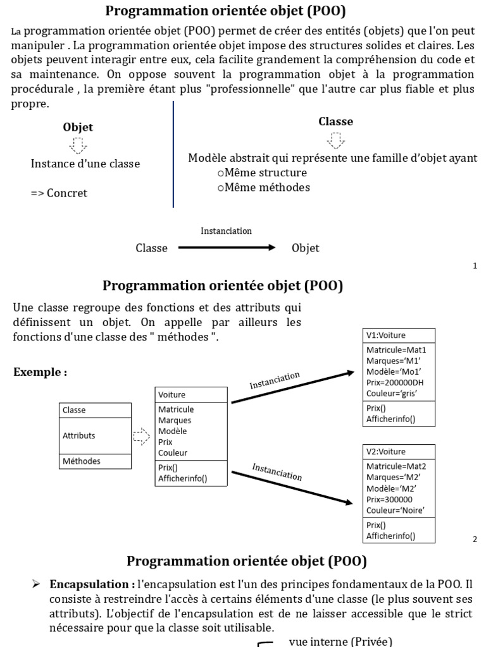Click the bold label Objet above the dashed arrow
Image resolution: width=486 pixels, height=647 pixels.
(x=78, y=127)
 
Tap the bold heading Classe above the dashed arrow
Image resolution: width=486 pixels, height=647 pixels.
(x=335, y=121)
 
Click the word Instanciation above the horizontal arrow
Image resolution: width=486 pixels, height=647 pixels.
(x=226, y=231)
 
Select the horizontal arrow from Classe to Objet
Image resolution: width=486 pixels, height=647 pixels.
(x=227, y=248)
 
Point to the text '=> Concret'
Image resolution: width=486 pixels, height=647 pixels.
(x=59, y=193)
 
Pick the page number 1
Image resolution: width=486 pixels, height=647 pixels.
(x=475, y=266)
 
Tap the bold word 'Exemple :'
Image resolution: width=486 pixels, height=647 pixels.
(x=40, y=372)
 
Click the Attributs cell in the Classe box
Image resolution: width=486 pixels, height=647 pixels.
(x=79, y=435)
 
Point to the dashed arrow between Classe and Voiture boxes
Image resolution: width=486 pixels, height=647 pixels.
(x=141, y=436)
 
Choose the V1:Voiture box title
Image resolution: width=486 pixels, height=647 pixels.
(x=385, y=335)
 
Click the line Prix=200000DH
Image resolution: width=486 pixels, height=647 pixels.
(x=395, y=382)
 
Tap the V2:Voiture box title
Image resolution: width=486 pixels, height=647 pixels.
(x=385, y=452)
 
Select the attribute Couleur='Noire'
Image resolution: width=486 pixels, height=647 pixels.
(x=396, y=510)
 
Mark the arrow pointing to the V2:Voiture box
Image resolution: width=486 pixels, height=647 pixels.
(x=292, y=487)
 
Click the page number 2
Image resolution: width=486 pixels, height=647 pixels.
(x=475, y=539)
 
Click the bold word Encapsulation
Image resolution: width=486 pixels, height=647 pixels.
(x=90, y=584)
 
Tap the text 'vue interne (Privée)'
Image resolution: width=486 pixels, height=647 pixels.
(x=340, y=641)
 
